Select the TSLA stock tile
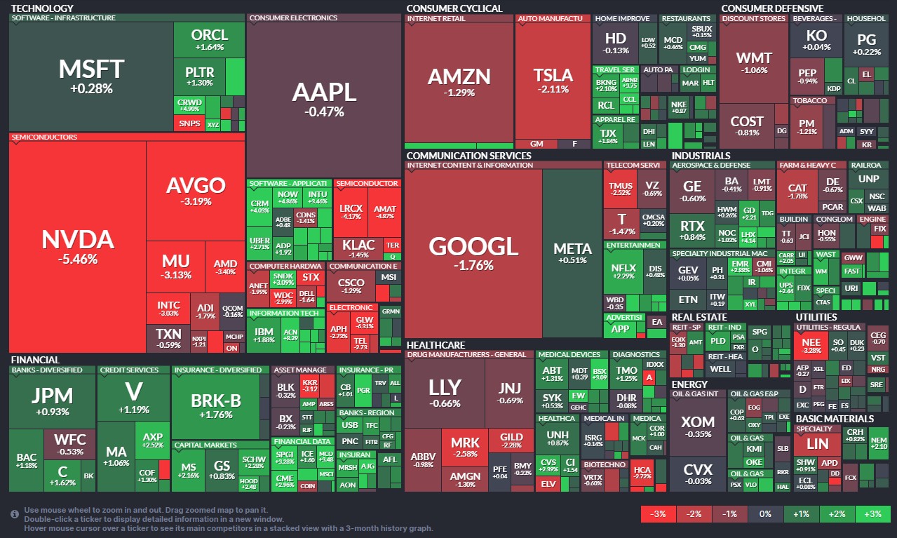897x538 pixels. [x=553, y=81]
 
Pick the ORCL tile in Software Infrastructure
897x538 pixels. [x=209, y=39]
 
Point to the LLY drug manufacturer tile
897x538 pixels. [x=445, y=393]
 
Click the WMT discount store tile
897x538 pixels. [x=754, y=63]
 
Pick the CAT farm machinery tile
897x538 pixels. [x=797, y=191]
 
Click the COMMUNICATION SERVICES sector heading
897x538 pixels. [x=468, y=156]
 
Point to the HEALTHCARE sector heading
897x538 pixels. [x=436, y=345]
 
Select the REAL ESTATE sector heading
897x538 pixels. [x=699, y=317]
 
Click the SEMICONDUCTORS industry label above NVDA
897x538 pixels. [x=43, y=137]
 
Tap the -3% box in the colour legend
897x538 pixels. [x=658, y=514]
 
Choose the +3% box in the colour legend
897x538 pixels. [x=872, y=514]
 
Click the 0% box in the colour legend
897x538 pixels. [x=765, y=514]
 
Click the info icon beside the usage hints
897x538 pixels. [x=15, y=514]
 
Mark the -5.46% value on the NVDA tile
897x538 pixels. [x=77, y=260]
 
